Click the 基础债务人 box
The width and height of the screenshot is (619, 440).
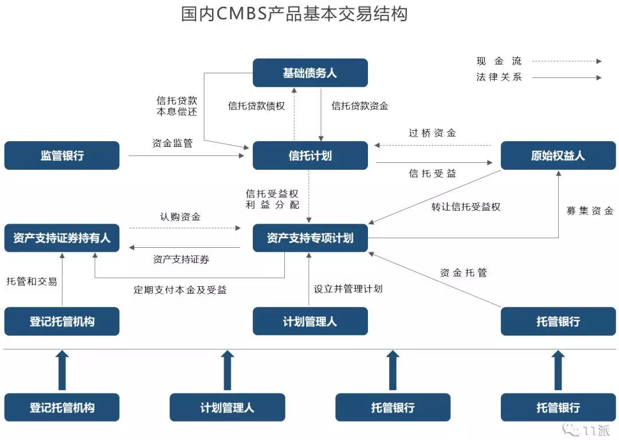310,73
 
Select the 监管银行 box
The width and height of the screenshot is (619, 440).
62,155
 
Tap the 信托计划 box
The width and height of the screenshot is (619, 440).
310,155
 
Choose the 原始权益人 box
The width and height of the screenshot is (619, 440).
558,155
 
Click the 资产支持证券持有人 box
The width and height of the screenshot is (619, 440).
62,237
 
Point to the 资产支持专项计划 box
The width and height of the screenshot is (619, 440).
310,237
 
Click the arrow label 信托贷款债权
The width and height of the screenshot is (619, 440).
257,106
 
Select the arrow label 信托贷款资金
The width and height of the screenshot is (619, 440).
360,106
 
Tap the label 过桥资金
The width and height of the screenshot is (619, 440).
432,133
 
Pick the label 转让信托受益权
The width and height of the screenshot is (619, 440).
466,207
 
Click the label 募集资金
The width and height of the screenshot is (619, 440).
590,211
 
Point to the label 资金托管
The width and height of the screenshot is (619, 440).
464,272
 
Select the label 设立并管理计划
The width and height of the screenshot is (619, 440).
348,289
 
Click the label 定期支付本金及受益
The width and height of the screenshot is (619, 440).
180,290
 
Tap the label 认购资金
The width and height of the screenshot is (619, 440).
180,216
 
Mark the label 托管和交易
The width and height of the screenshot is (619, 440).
32,281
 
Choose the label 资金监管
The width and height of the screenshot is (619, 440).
173,143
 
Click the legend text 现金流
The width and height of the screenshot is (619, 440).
499,61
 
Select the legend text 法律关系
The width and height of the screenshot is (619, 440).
499,77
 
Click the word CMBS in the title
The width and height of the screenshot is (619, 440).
242,13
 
